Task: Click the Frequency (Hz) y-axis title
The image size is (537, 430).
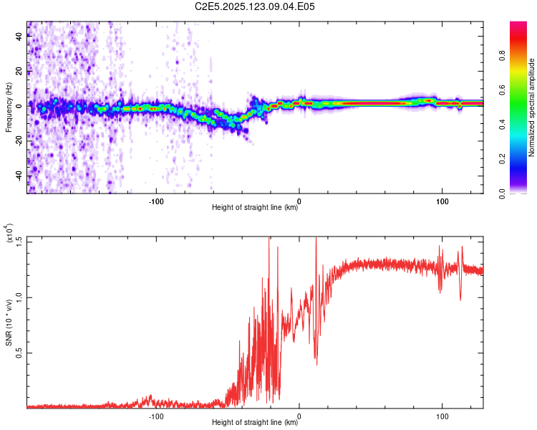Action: (9, 107)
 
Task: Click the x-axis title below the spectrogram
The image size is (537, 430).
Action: (255, 207)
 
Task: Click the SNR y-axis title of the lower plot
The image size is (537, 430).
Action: (9, 322)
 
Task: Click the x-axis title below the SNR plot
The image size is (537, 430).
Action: (255, 422)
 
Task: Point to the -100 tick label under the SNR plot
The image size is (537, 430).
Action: (157, 415)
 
